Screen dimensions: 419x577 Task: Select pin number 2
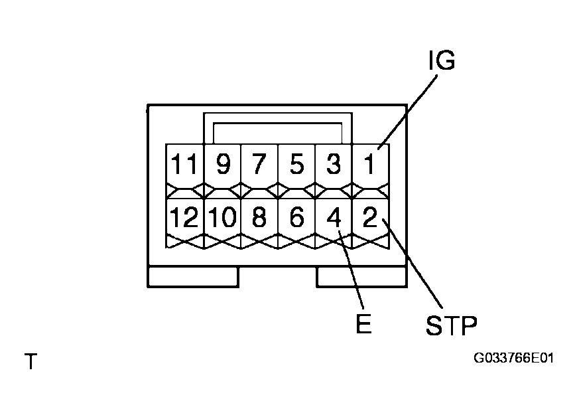coord(369,218)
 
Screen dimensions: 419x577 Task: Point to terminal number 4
coord(334,218)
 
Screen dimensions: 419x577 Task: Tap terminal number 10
coord(223,218)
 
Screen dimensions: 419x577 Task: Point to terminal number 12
coord(185,218)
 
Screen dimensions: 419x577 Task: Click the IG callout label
coord(441,61)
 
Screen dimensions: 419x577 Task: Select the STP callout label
coord(450,325)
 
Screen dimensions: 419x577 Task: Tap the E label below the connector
coord(363,324)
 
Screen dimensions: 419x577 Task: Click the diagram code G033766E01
coord(513,359)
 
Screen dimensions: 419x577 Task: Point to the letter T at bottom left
coord(31,363)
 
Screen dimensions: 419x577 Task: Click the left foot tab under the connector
coord(192,277)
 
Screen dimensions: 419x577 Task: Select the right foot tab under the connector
coord(361,277)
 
